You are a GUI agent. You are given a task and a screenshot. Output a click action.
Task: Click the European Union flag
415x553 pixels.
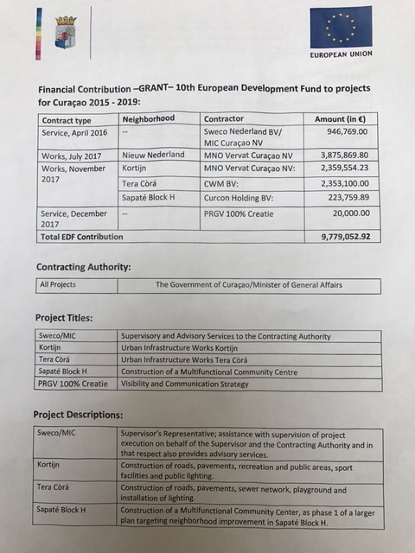[342, 27]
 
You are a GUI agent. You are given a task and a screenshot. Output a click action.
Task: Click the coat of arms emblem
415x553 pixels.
[65, 32]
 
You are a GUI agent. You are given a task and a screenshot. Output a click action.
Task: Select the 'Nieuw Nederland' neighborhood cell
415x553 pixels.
[153, 155]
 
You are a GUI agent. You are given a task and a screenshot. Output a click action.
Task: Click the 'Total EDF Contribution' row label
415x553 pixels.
[82, 236]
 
